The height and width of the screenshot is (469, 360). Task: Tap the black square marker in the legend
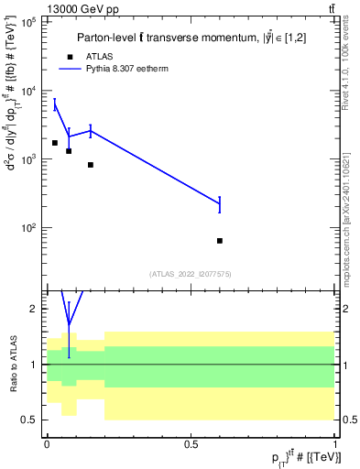click(x=70, y=57)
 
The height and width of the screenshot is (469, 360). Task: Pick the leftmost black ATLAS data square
click(x=55, y=143)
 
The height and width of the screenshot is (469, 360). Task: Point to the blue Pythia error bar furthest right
click(x=220, y=204)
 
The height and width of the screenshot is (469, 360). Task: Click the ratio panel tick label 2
click(x=32, y=309)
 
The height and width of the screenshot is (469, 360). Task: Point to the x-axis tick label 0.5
click(x=191, y=442)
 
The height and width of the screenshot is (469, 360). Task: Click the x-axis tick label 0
click(x=47, y=442)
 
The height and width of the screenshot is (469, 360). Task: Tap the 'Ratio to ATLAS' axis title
click(x=13, y=365)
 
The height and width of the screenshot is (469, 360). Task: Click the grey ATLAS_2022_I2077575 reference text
click(x=191, y=273)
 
